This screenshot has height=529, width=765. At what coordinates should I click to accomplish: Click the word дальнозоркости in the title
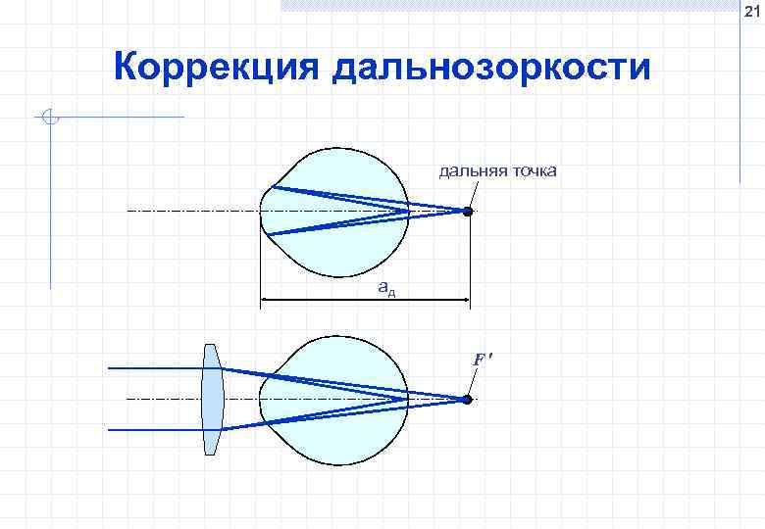[491, 69]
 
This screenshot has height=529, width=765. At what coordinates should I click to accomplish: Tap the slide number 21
[750, 12]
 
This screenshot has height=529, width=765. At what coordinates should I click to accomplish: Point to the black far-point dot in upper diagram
[468, 212]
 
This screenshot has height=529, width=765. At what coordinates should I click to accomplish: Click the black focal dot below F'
[468, 400]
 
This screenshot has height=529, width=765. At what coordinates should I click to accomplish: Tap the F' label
[481, 360]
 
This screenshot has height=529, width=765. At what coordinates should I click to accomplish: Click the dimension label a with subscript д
[386, 288]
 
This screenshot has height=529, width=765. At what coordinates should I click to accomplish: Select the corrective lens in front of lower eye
[213, 400]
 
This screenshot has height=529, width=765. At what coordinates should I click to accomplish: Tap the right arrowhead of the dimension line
[465, 300]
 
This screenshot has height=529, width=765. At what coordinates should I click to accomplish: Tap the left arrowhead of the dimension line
[265, 300]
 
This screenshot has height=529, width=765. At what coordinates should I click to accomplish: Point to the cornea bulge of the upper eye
[266, 212]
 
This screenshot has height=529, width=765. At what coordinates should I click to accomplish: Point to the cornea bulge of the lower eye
[266, 400]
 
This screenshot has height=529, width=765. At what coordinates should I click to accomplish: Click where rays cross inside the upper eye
[404, 212]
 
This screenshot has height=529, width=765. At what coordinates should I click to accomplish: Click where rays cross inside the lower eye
[404, 400]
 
